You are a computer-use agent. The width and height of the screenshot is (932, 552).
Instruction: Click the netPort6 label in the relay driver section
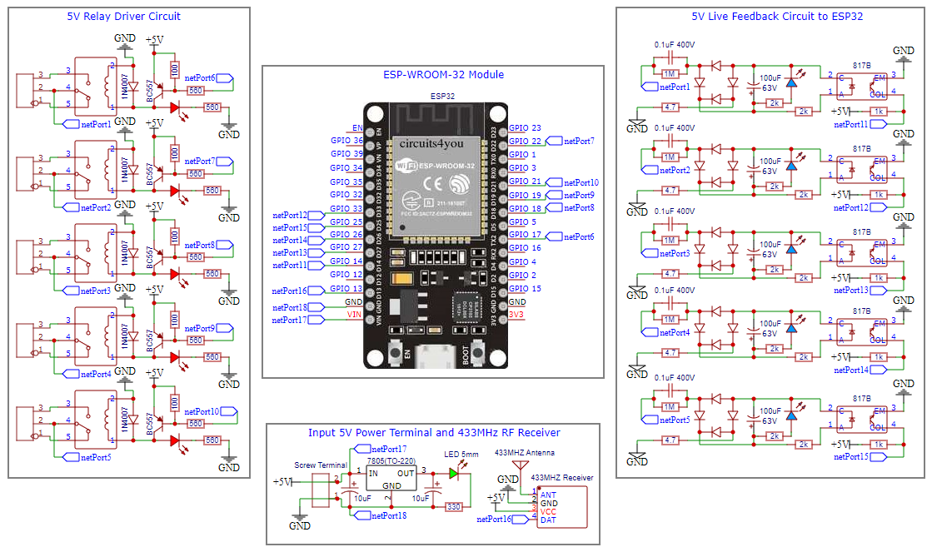point(200,78)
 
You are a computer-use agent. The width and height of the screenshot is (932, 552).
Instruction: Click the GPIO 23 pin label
point(525,128)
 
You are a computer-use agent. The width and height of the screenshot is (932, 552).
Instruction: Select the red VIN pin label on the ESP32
point(354,315)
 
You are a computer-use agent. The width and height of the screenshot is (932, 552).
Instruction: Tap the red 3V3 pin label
point(517,315)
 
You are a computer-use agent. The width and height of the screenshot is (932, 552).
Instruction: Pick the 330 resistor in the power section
point(454,506)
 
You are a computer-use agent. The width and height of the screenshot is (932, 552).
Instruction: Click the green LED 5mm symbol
point(453,473)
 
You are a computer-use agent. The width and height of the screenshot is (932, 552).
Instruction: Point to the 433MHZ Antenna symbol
point(518,466)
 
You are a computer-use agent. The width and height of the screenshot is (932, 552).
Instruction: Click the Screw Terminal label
point(321,465)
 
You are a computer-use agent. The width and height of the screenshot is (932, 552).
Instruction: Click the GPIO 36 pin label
point(346,142)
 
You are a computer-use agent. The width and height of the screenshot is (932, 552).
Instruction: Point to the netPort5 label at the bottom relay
point(96,457)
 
